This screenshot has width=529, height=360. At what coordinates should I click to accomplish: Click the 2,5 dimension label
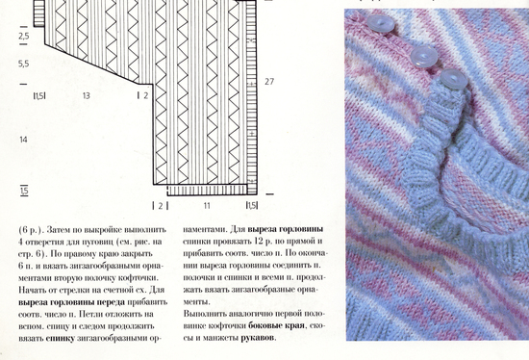(x=23, y=36)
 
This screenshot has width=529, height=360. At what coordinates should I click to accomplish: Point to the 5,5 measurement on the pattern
(x=23, y=64)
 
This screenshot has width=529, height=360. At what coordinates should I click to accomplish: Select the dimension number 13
(x=87, y=95)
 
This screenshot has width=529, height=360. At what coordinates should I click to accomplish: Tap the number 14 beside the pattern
(x=23, y=141)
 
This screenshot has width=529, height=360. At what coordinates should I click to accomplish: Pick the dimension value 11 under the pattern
(x=206, y=205)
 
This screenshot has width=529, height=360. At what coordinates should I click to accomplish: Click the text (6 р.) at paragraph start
(x=30, y=230)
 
